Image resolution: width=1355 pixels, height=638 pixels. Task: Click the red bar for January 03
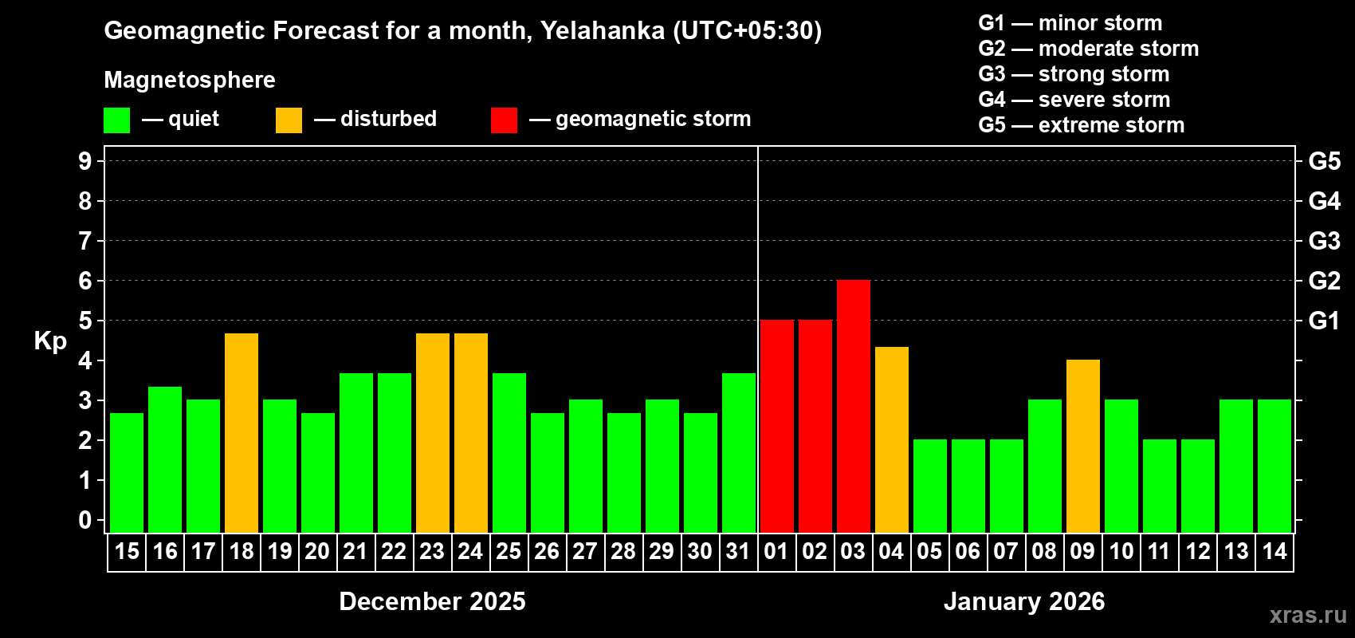854,406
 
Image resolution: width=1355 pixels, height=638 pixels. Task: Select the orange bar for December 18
242,432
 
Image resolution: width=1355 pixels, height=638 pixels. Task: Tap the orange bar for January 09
1083,446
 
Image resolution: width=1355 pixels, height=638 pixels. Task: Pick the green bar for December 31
739,452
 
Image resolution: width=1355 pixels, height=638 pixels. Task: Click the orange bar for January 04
892,439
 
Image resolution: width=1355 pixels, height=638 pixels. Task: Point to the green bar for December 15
127,472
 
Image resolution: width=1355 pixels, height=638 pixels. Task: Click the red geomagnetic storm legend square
504,120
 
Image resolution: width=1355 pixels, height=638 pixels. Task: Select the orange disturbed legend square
289,120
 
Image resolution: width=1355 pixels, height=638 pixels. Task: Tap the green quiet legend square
116,120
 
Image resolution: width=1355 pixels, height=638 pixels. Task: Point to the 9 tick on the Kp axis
85,161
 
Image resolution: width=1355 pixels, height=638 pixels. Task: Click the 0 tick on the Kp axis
85,521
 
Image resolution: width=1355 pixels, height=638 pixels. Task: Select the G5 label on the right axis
1324,161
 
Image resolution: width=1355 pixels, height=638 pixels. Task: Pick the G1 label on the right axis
1324,321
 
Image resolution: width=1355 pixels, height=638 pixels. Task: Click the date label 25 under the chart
509,551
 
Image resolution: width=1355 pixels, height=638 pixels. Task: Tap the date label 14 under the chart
1274,551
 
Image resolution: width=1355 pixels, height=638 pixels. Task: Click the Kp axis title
50,341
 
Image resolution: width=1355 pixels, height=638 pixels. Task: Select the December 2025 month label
432,601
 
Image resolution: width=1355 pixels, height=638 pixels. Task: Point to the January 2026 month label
1024,601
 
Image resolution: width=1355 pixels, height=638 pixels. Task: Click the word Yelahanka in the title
602,30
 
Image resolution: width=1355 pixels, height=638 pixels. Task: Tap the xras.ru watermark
1308,615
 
